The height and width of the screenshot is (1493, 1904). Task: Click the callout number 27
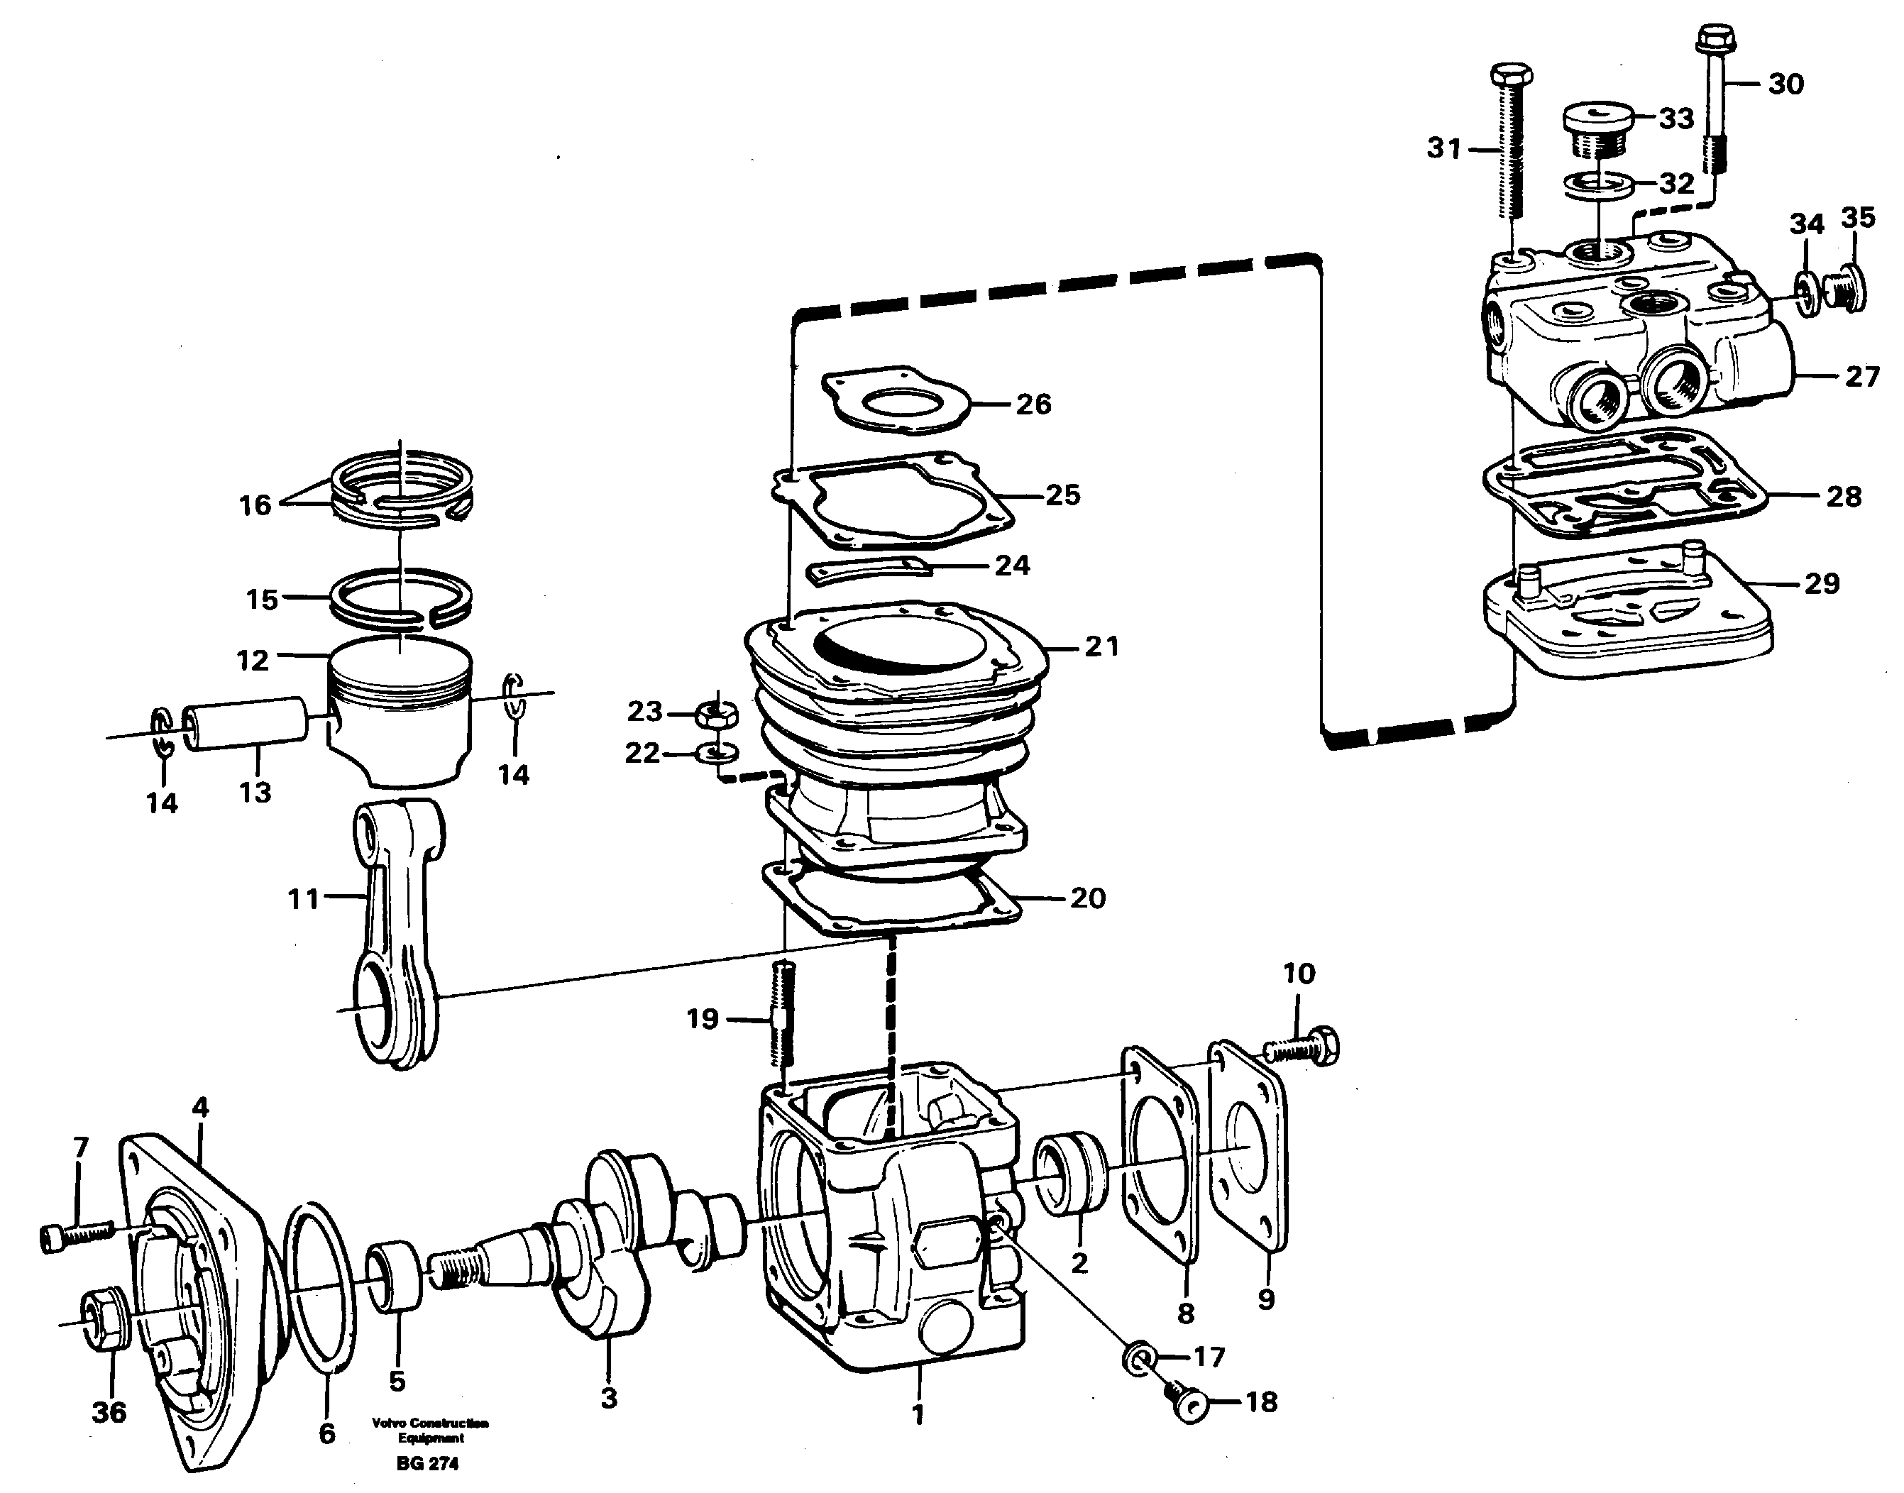coord(1862,377)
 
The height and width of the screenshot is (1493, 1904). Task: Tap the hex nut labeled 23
coord(717,714)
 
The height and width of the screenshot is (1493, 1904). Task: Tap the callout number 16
coord(255,505)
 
